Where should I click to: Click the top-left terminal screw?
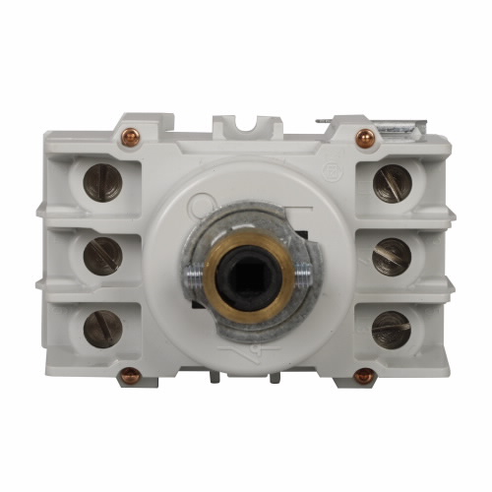point(102,182)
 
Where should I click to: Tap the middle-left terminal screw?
point(102,256)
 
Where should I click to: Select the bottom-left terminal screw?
point(102,329)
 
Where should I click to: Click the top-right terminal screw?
point(391,182)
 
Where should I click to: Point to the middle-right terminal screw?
point(391,256)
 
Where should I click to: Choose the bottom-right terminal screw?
point(391,329)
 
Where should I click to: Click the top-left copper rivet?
point(130,138)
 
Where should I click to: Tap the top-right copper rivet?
point(365,138)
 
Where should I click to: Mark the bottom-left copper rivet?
point(130,375)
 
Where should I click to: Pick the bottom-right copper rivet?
point(364,375)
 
